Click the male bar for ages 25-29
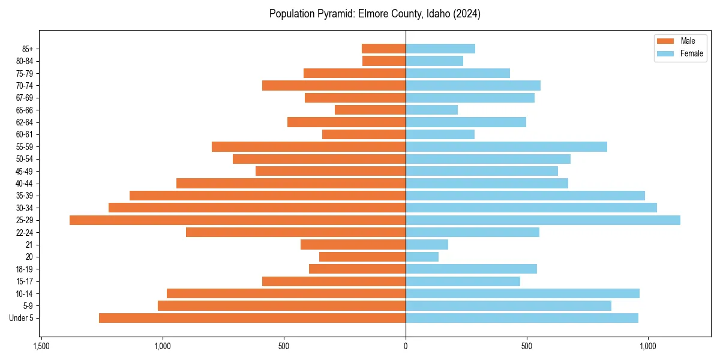[238, 220]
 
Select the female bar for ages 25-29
[543, 220]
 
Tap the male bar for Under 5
[252, 318]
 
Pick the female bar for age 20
[422, 257]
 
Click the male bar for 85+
[384, 49]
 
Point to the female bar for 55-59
[506, 147]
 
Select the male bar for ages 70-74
[334, 86]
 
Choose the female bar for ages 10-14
[523, 293]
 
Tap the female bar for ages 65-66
[432, 110]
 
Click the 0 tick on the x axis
[406, 347]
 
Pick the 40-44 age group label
[24, 184]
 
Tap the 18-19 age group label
[24, 269]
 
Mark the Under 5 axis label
[22, 318]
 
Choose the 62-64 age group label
[24, 122]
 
